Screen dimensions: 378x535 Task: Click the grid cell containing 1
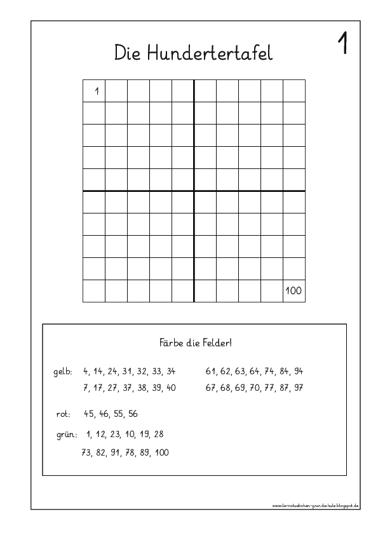94,91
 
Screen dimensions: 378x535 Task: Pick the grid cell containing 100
294,291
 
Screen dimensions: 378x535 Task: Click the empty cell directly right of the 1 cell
116,91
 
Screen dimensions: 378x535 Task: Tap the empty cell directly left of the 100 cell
271,291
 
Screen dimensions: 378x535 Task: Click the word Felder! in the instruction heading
217,343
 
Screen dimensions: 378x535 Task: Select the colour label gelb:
64,371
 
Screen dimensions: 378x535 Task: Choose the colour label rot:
64,414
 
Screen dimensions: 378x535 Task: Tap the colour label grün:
66,435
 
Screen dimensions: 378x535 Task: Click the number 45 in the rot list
89,414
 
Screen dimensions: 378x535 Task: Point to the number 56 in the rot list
132,414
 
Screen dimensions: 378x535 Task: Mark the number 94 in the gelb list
298,371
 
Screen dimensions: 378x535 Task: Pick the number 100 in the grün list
161,453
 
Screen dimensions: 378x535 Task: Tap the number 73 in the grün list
87,453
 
